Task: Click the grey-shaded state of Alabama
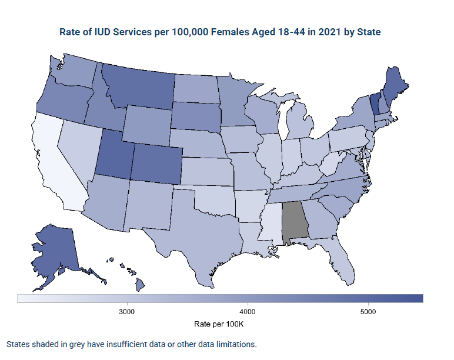(x=295, y=222)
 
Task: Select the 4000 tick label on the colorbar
(x=247, y=311)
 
